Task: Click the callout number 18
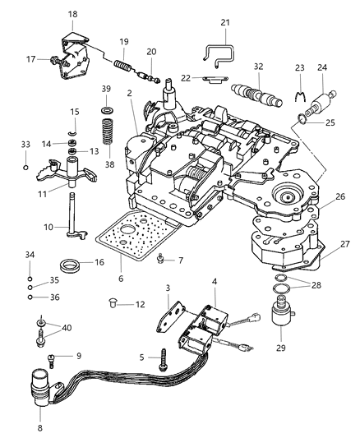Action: click(72, 14)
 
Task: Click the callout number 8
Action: click(40, 426)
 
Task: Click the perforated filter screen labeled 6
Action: click(122, 238)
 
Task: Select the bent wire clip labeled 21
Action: click(216, 58)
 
